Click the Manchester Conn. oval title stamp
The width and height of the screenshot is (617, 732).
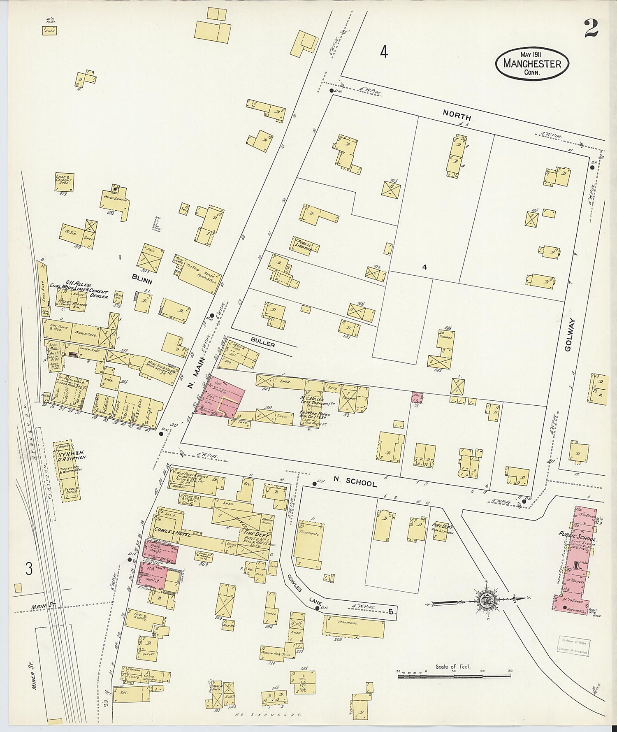pyautogui.click(x=532, y=64)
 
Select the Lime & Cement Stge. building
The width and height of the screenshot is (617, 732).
pyautogui.click(x=65, y=181)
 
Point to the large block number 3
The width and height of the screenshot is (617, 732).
pyautogui.click(x=29, y=569)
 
